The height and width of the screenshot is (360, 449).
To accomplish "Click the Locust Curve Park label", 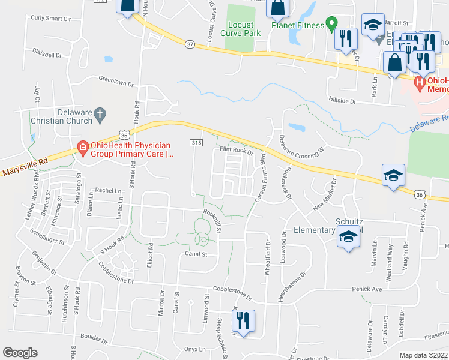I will pyautogui.click(x=244, y=29).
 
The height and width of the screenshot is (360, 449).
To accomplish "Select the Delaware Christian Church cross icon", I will pyautogui.click(x=101, y=112).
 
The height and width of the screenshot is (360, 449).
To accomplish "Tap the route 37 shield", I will pyautogui.click(x=190, y=44).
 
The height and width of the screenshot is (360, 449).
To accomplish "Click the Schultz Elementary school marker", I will pyautogui.click(x=347, y=238).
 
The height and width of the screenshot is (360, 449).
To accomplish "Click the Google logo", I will pyautogui.click(x=20, y=353).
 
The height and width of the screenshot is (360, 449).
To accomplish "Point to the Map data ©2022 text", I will pyautogui.click(x=424, y=355).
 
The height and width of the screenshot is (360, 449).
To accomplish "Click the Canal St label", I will pyautogui.click(x=195, y=254).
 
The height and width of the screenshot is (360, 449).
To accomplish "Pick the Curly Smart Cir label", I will pyautogui.click(x=51, y=19).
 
